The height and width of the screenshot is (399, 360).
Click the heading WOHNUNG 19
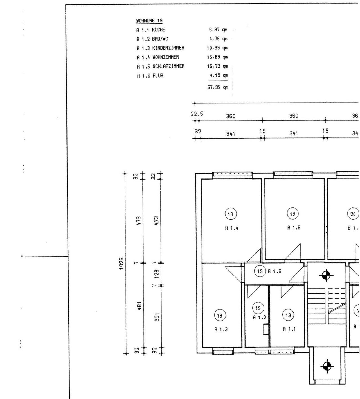coord(149,21)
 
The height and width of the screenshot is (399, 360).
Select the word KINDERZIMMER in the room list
coord(168,48)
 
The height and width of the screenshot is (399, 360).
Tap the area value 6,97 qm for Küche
coord(217,30)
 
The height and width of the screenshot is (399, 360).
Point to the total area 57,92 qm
coord(217,87)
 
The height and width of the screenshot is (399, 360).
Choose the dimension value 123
coord(157,273)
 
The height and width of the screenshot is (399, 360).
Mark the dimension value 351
coord(157,317)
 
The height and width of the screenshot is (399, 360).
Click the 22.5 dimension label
coord(197,114)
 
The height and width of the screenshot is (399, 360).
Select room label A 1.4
coord(232,228)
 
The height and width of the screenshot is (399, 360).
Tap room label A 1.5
coord(294,228)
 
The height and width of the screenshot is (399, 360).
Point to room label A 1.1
coord(289,329)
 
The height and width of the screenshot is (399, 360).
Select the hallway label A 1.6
coord(274,271)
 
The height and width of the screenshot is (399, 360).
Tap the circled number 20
coord(353,214)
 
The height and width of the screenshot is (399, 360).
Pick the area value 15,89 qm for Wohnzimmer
coord(217,57)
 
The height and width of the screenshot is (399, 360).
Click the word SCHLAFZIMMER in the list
coord(168,66)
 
